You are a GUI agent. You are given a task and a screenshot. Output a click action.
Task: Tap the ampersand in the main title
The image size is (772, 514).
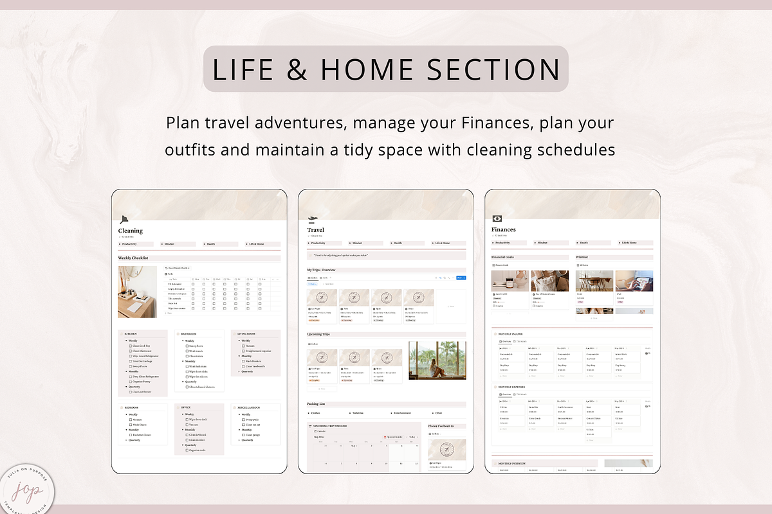coord(297,69)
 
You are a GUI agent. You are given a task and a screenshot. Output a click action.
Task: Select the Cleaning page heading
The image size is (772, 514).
coord(131,231)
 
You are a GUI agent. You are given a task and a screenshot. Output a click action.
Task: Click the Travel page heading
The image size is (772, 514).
coord(316,230)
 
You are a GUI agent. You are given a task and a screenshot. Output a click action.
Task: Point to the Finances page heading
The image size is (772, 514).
coord(504,229)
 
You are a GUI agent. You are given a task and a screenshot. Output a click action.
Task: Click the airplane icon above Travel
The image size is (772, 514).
coord(313,218)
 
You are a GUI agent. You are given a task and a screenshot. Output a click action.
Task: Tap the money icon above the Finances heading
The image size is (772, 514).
coord(497,218)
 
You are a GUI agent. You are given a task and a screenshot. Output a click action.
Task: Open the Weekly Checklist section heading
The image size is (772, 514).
coord(133,258)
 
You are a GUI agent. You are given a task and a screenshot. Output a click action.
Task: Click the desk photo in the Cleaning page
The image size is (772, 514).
coord(137,292)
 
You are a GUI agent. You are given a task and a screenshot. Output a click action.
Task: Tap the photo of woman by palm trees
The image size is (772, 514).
coord(437,360)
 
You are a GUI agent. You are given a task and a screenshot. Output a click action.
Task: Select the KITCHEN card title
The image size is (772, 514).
coord(131,335)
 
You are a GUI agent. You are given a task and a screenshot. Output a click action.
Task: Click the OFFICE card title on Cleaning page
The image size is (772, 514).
coord(187,408)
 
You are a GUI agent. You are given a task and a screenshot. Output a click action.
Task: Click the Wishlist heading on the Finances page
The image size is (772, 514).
coord(583,257)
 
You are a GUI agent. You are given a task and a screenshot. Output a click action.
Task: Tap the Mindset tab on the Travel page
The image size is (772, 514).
coord(358,244)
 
